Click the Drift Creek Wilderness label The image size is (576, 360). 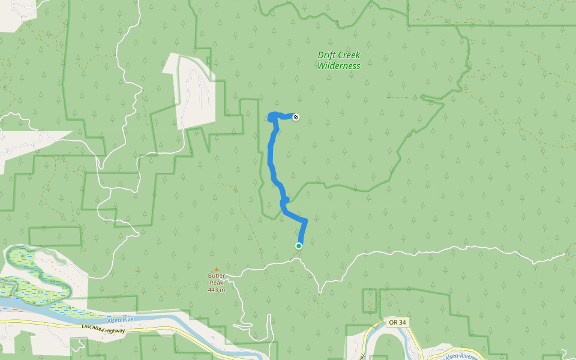point(339,60)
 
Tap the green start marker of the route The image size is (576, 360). point(299,245)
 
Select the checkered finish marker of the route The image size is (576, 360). point(296,116)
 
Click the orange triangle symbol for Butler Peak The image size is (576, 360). point(217,269)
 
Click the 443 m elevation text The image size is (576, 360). point(217,290)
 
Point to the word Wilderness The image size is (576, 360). point(339,66)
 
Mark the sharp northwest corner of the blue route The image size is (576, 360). point(269,116)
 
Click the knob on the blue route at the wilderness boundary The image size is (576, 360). point(286,199)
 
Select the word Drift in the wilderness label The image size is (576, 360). point(327,55)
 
